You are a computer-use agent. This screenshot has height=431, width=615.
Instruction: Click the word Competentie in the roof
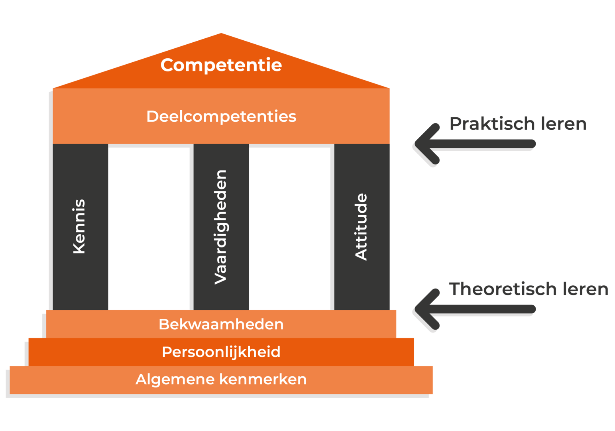pyautogui.click(x=221, y=65)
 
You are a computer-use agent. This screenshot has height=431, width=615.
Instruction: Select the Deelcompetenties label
pyautogui.click(x=221, y=117)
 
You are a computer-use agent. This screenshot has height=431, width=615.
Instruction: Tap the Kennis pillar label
pyautogui.click(x=79, y=226)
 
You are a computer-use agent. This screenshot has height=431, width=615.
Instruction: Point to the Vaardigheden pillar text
pyautogui.click(x=221, y=227)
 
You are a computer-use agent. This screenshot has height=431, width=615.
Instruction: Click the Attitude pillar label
pyautogui.click(x=361, y=227)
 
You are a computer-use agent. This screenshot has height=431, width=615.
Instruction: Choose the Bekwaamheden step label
pyautogui.click(x=221, y=324)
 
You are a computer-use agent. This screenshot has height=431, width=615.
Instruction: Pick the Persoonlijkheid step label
pyautogui.click(x=221, y=352)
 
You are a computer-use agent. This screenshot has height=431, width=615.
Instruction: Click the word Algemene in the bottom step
pyautogui.click(x=175, y=379)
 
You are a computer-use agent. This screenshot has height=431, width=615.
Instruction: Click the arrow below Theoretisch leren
pyautogui.click(x=478, y=308)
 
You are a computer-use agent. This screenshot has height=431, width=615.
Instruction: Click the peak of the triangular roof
pyautogui.click(x=221, y=34)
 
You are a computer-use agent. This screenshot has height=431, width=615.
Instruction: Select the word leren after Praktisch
pyautogui.click(x=564, y=124)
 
